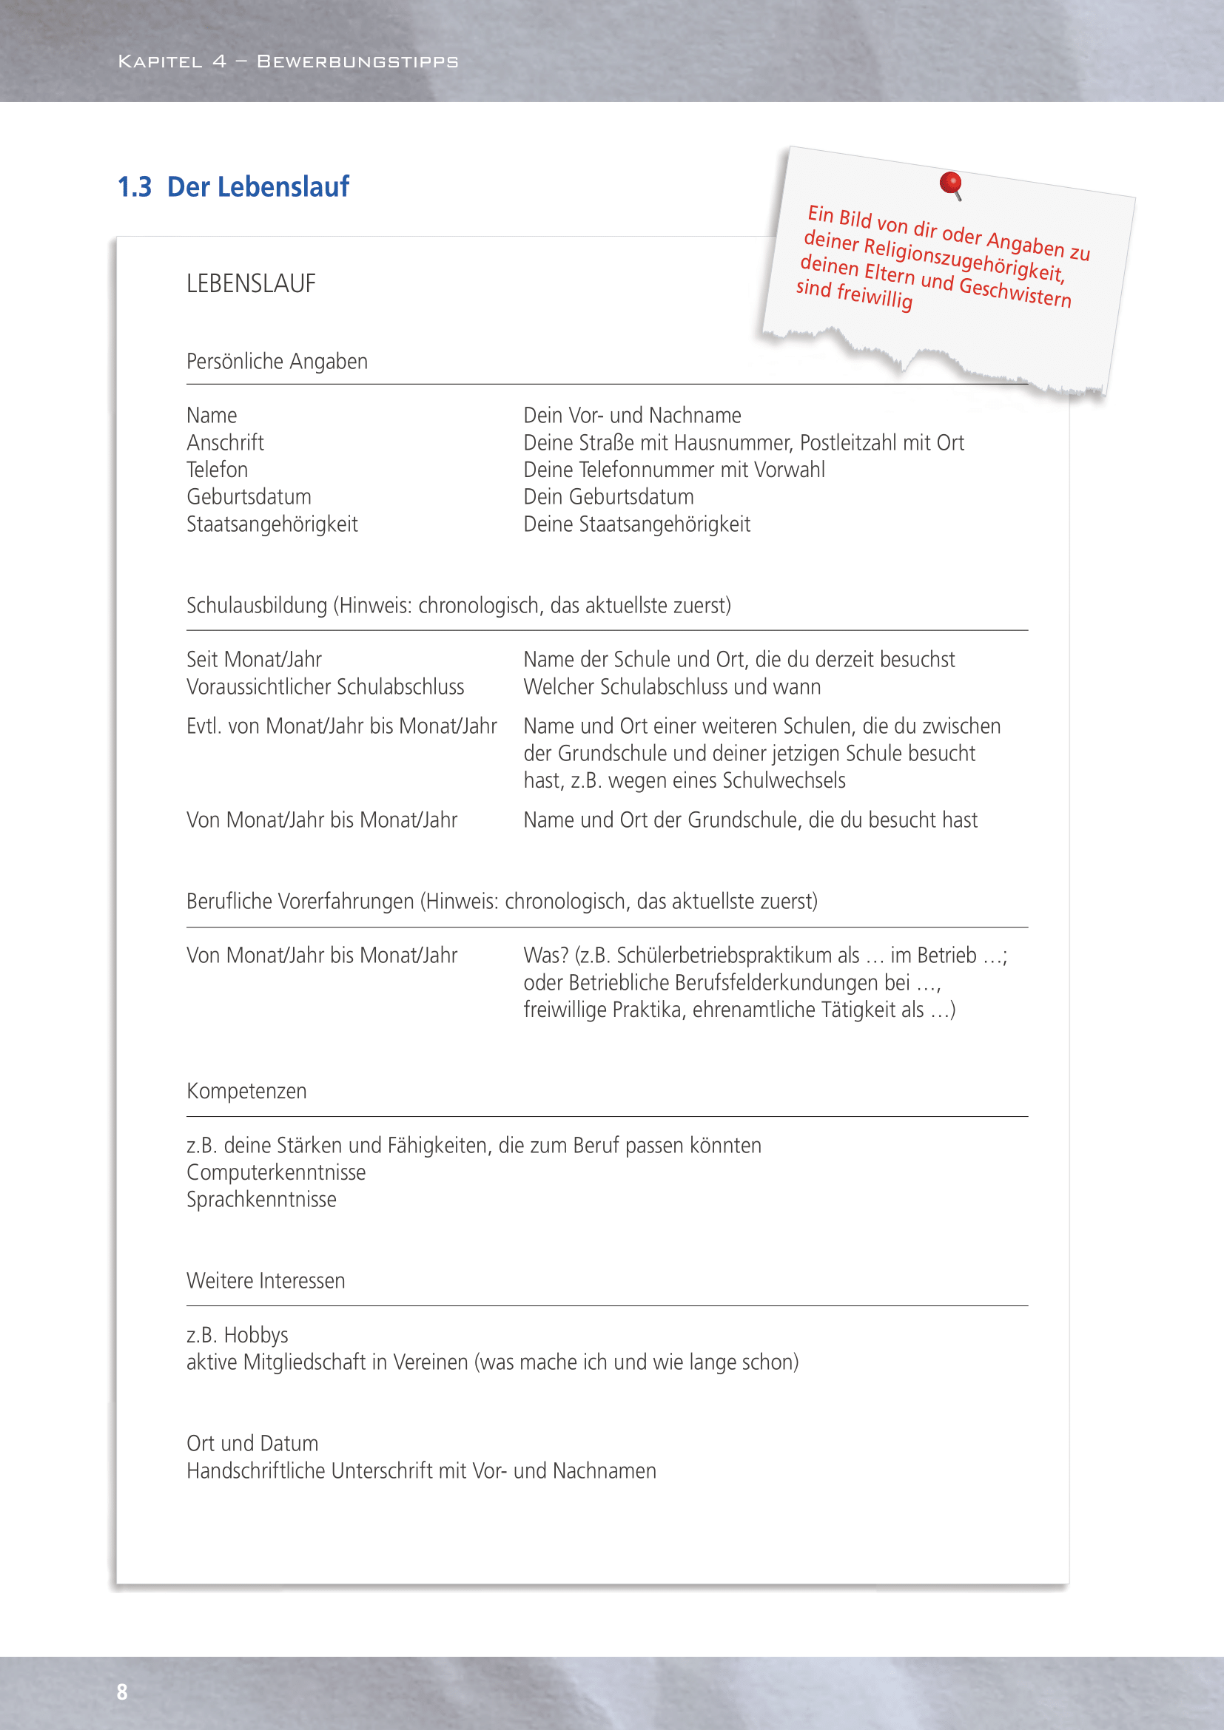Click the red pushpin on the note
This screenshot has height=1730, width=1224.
point(950,183)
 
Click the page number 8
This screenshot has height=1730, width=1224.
point(122,1692)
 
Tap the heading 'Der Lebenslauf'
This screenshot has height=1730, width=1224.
point(258,187)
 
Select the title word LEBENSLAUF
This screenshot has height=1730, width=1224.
point(251,284)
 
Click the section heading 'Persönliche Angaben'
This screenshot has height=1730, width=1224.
point(277,362)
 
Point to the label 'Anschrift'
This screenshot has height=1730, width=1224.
point(226,442)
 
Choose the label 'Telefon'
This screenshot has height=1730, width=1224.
point(217,470)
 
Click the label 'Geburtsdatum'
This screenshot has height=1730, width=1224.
point(249,496)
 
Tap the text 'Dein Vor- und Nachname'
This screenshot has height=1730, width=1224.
point(632,415)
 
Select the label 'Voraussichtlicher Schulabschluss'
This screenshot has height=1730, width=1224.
point(325,686)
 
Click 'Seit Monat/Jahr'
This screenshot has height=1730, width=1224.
point(254,659)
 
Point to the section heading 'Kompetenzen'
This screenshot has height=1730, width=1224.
point(246,1091)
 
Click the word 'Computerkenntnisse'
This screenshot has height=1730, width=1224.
point(276,1172)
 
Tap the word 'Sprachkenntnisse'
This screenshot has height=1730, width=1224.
point(261,1200)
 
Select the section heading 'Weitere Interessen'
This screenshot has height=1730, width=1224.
point(266,1281)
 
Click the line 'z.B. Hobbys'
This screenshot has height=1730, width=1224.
point(238,1335)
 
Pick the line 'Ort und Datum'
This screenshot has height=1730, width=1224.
point(252,1444)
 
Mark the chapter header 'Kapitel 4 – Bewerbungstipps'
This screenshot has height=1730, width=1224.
point(288,62)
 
